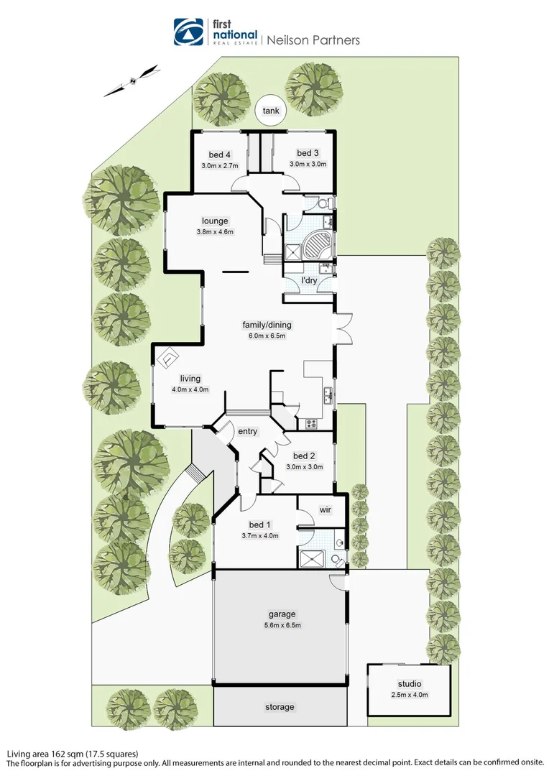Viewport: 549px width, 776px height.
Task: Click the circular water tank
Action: (270, 111)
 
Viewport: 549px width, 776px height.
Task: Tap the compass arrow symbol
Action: (132, 80)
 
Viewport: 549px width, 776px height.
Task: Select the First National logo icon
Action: (189, 32)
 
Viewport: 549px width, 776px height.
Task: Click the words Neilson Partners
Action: (313, 40)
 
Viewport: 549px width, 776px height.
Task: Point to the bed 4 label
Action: (220, 154)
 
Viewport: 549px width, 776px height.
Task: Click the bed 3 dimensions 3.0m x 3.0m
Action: (308, 164)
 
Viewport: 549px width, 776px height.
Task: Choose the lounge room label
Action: (215, 221)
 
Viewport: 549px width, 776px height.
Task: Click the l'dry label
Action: (309, 280)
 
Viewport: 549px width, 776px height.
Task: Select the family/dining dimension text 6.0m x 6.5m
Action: (267, 336)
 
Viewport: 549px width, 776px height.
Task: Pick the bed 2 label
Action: (305, 456)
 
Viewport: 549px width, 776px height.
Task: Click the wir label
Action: (326, 509)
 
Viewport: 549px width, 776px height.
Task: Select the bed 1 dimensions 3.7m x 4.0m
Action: (259, 535)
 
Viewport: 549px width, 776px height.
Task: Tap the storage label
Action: (279, 707)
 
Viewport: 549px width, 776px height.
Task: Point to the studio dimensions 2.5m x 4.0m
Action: (409, 694)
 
